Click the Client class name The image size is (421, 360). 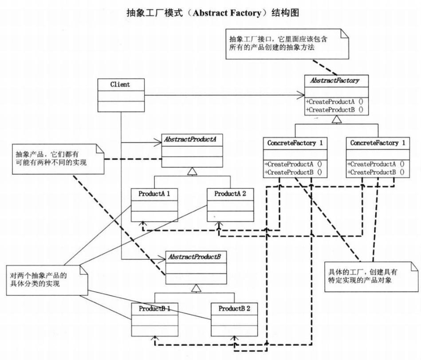pos(120,84)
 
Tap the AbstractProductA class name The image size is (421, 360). pos(191,139)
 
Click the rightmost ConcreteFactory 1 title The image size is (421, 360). pos(377,143)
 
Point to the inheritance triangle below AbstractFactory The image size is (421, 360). pos(336,119)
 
